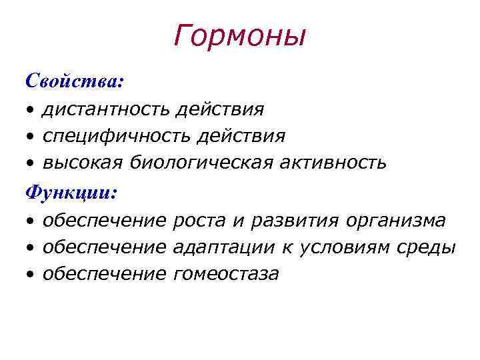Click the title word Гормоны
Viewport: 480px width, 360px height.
coord(239,36)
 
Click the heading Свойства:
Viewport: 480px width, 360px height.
coord(74,81)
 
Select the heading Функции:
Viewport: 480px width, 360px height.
coord(71,193)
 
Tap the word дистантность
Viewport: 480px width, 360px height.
coord(107,109)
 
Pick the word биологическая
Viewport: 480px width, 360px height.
coord(201,163)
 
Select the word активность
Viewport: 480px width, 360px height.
coord(332,163)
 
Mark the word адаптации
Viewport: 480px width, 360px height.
coord(223,247)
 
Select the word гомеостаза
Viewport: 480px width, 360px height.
coord(225,274)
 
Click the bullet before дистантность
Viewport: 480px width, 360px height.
coord(31,110)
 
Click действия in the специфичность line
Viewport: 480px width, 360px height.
coord(247,136)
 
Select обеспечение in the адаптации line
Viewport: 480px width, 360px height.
coord(104,247)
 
